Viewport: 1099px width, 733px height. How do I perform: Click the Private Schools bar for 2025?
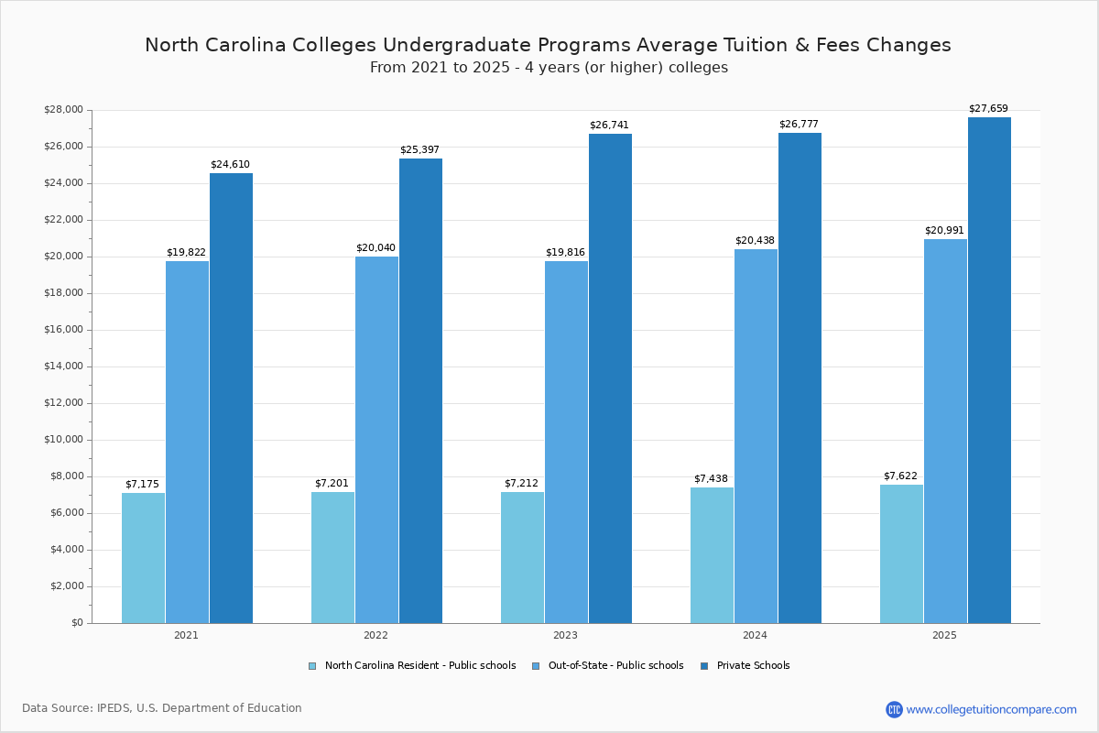pos(989,370)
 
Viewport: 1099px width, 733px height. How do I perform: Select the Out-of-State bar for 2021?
pos(187,442)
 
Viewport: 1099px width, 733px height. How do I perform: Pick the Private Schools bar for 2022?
pos(420,390)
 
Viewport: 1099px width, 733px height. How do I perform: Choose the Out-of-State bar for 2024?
pos(756,436)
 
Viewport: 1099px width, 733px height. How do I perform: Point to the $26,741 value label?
pos(609,125)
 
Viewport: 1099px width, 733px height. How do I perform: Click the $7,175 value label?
pos(142,484)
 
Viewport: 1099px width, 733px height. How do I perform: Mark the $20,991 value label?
pos(944,231)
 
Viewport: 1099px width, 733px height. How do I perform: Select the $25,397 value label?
pos(419,150)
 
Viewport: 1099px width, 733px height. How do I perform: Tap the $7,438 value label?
pos(711,479)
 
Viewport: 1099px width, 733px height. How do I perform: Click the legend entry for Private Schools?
pos(752,666)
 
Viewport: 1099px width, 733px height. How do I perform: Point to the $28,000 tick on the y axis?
pos(63,110)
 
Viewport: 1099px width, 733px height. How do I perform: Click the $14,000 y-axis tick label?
pos(63,366)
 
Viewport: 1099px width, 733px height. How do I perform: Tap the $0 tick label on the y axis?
pos(76,623)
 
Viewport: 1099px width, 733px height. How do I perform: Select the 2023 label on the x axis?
pos(565,635)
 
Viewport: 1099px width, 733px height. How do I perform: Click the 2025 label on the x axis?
pos(944,635)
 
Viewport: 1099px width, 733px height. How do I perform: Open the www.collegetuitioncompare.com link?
pos(991,709)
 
